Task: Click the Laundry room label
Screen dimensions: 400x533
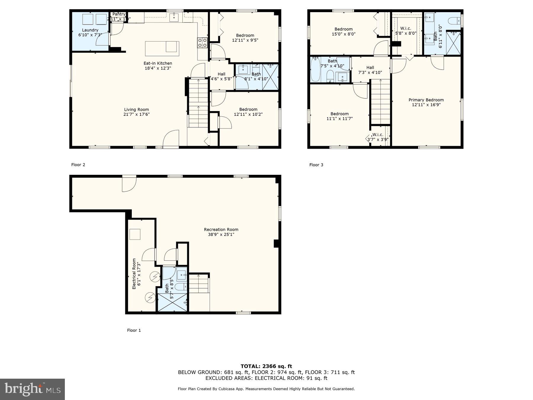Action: click(90, 30)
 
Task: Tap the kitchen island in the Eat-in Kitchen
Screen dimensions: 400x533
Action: click(162, 49)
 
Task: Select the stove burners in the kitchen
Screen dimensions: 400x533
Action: click(203, 43)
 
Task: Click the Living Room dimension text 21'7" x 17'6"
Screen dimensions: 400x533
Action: click(137, 114)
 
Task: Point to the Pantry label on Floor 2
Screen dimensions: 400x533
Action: click(119, 14)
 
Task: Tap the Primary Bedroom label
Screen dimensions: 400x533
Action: click(426, 100)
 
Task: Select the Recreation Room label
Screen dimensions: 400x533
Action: click(221, 230)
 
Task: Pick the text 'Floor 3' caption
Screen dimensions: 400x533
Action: click(316, 165)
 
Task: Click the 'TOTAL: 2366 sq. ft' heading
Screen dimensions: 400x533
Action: click(266, 366)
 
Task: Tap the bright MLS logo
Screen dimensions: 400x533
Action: click(32, 389)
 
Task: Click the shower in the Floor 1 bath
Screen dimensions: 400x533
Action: click(172, 303)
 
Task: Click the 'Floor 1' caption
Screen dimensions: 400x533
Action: click(134, 330)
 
